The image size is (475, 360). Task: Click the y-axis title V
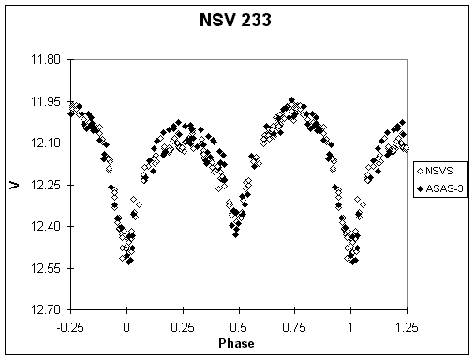pyautogui.click(x=14, y=185)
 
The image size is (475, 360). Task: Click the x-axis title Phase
pyautogui.click(x=239, y=342)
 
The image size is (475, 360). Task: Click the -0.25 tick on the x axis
pyautogui.click(x=70, y=325)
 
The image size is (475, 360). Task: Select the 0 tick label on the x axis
pyautogui.click(x=126, y=325)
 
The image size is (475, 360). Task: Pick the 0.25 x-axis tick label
pyautogui.click(x=183, y=325)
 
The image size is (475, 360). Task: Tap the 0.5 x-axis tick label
pyautogui.click(x=239, y=325)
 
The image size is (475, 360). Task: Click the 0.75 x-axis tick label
pyautogui.click(x=295, y=325)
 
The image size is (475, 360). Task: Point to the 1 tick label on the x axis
pyautogui.click(x=350, y=325)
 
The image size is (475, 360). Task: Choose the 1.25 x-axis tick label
pyautogui.click(x=407, y=325)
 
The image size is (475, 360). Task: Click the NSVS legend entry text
pyautogui.click(x=441, y=172)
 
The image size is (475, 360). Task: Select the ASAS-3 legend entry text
pyautogui.click(x=445, y=190)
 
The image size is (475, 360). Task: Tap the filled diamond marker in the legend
pyautogui.click(x=421, y=190)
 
